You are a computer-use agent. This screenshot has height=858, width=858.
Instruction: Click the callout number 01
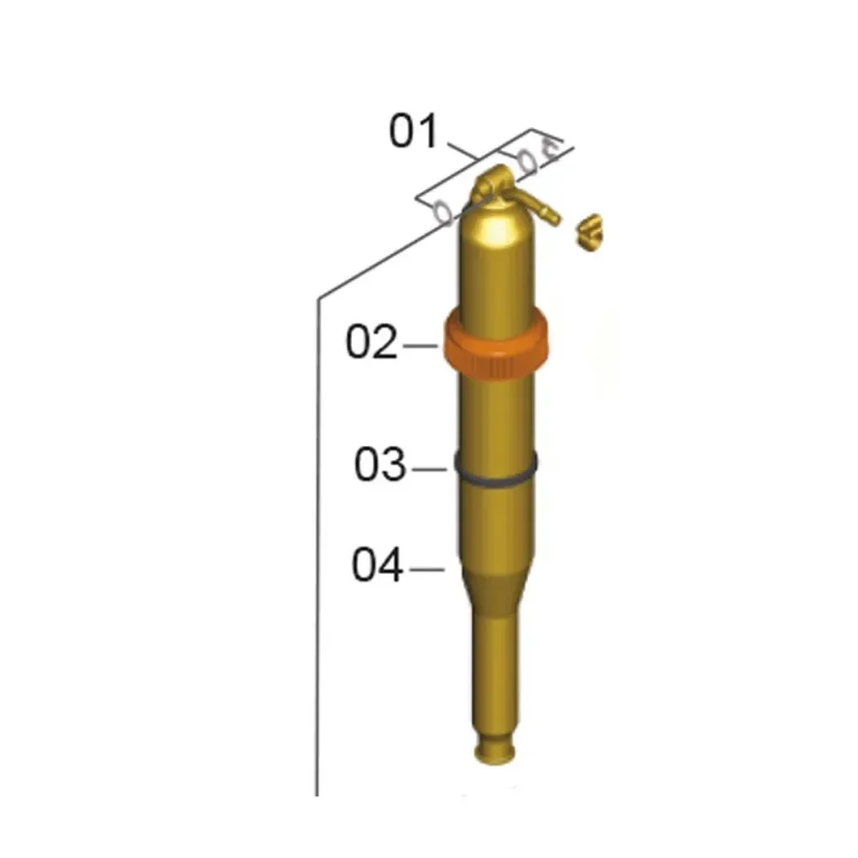414,131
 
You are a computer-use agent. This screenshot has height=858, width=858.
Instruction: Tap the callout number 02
372,342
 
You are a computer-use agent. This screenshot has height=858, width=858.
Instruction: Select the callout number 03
380,464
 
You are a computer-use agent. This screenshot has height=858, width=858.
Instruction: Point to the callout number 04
378,565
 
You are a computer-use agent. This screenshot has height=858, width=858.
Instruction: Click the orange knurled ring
495,344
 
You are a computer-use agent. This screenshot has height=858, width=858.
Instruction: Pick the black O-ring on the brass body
496,470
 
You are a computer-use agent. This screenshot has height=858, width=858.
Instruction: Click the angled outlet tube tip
553,218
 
